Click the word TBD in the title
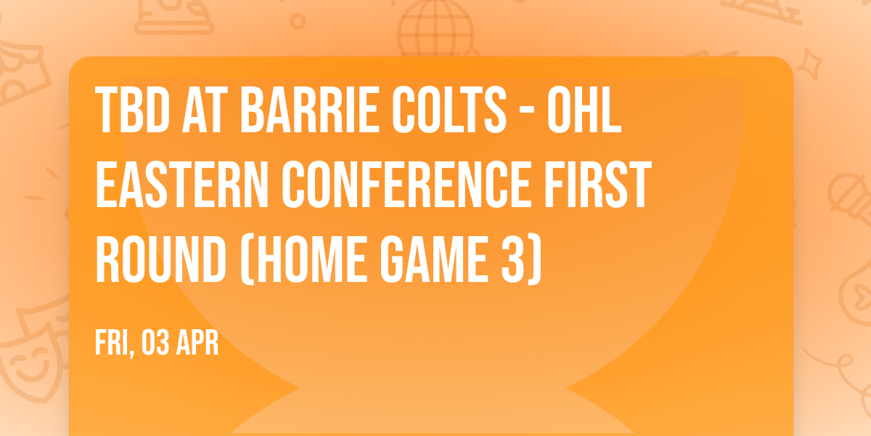(130, 111)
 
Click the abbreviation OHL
(592, 111)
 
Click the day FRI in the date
(113, 344)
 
